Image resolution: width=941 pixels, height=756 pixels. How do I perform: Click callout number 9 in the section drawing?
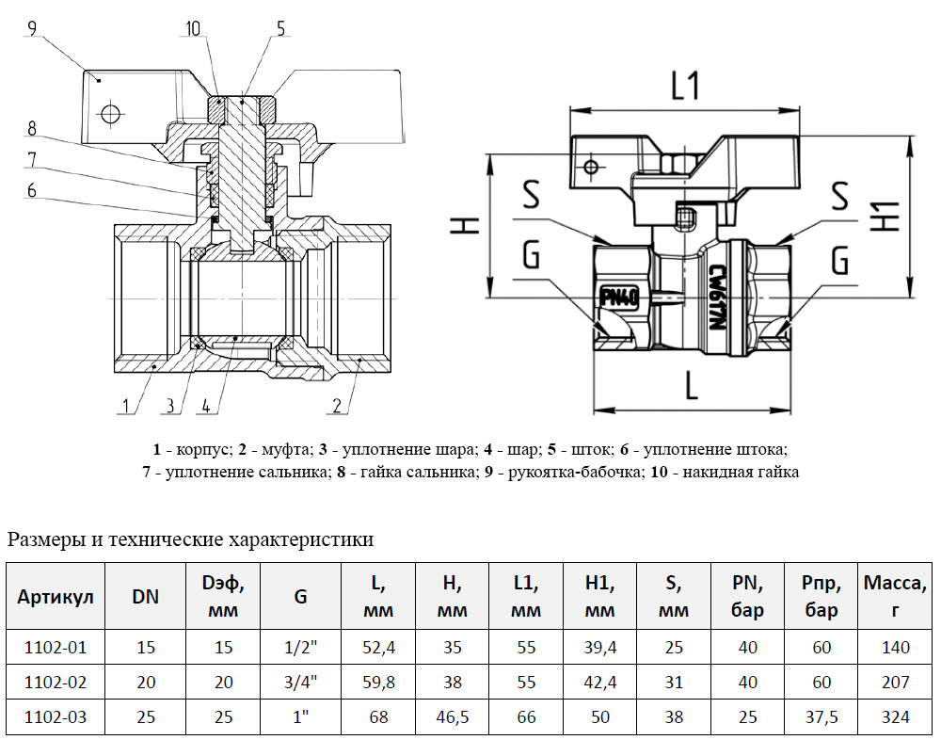[31, 28]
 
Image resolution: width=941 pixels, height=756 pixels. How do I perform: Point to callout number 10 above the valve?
[193, 28]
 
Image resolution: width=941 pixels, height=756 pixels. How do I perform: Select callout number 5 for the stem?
[279, 28]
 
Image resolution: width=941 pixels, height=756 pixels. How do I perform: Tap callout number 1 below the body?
[123, 406]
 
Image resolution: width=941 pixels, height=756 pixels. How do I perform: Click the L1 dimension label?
[685, 87]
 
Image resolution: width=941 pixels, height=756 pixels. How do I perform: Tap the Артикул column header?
[56, 597]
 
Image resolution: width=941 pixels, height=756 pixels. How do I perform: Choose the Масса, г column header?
[896, 597]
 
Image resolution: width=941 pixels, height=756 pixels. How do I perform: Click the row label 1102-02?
[56, 682]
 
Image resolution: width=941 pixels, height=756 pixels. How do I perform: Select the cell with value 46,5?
[452, 717]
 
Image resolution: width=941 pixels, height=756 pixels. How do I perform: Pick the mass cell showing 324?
[896, 717]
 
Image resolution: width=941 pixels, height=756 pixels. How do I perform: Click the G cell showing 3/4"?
[301, 682]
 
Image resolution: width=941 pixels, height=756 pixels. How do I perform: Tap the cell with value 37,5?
[821, 717]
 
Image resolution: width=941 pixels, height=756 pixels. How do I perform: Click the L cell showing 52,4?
[378, 647]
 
